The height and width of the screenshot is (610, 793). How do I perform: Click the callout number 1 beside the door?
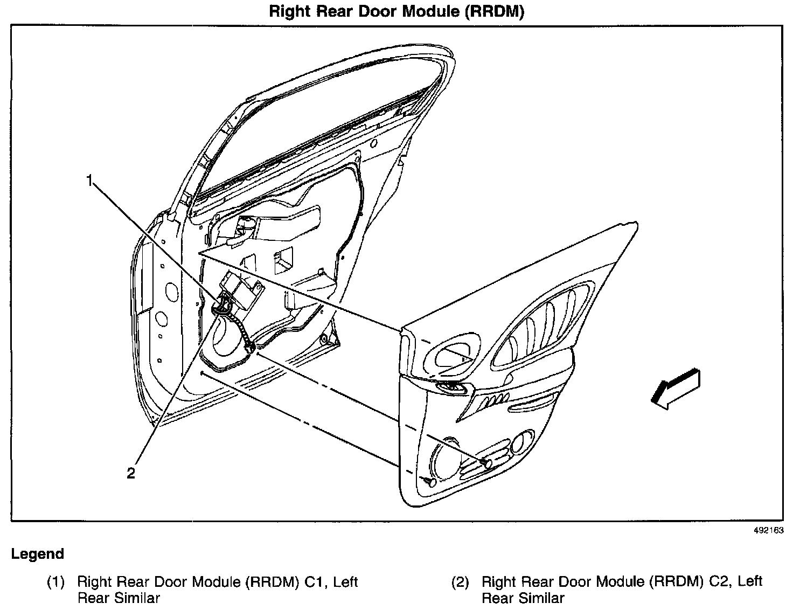[91, 181]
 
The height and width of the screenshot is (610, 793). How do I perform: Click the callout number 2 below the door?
[131, 473]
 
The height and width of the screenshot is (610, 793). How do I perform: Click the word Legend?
[38, 554]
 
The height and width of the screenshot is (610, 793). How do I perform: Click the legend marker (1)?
[55, 582]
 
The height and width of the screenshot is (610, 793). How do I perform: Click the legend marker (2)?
[460, 582]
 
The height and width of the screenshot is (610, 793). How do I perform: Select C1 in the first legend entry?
[317, 582]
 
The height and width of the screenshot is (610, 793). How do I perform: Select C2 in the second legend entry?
[721, 582]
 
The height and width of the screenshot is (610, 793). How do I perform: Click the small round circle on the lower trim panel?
[520, 442]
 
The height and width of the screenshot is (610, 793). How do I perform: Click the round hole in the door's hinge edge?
[171, 292]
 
